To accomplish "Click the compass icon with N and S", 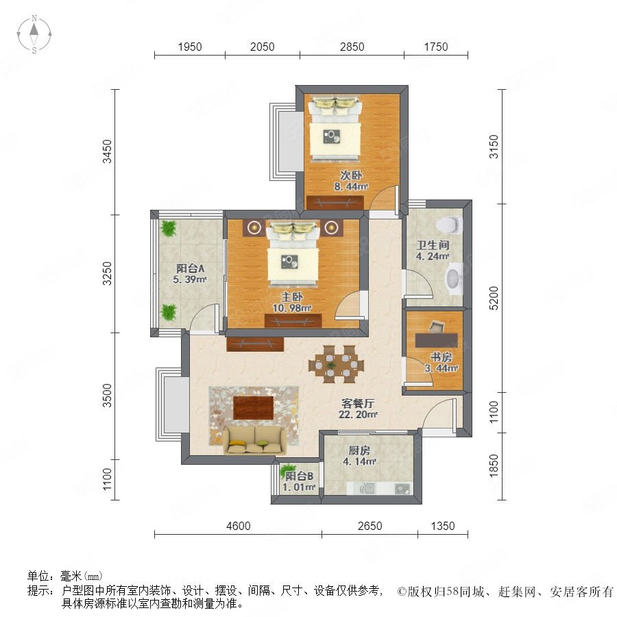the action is pyautogui.click(x=34, y=34).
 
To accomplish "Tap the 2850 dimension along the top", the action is pyautogui.click(x=352, y=47).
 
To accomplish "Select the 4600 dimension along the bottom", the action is pyautogui.click(x=239, y=526).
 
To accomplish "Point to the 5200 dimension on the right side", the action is pyautogui.click(x=494, y=298).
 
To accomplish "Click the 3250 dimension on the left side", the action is pyautogui.click(x=107, y=274).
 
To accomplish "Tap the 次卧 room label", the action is pyautogui.click(x=351, y=175).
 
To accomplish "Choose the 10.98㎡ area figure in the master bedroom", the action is pyautogui.click(x=292, y=308).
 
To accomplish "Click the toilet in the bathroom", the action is pyautogui.click(x=448, y=224).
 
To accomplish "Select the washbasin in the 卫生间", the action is pyautogui.click(x=453, y=278).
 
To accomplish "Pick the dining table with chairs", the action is pyautogui.click(x=336, y=365).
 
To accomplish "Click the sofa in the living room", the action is pyautogui.click(x=255, y=440).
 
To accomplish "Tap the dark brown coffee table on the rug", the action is pyautogui.click(x=254, y=408).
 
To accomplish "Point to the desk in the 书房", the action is pyautogui.click(x=437, y=340).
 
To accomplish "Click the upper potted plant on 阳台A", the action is pyautogui.click(x=169, y=228).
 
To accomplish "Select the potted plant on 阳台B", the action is pyautogui.click(x=288, y=470).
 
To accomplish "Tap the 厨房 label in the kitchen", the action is pyautogui.click(x=359, y=450).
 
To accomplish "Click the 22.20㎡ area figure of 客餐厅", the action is pyautogui.click(x=358, y=414).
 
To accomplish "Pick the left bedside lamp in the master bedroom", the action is pyautogui.click(x=254, y=227).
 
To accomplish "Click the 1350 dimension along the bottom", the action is pyautogui.click(x=443, y=526).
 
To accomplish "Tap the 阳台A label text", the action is pyautogui.click(x=190, y=268).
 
